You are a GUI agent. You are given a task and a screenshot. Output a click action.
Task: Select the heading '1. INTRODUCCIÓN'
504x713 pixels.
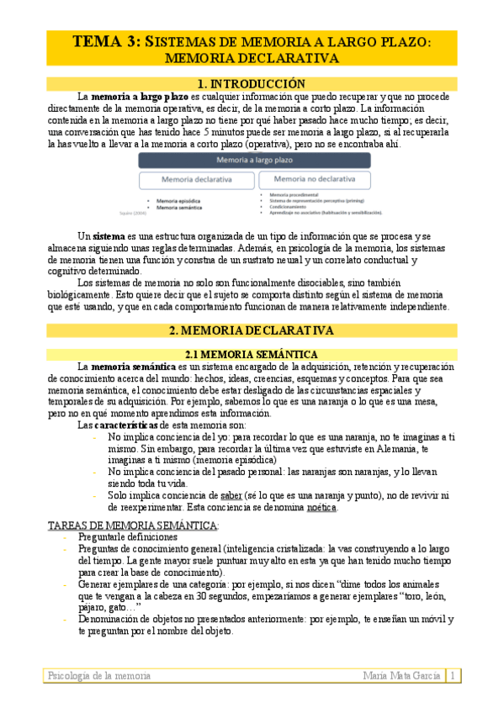[251, 83]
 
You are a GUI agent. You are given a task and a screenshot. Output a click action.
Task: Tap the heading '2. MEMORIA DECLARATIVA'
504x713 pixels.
[251, 330]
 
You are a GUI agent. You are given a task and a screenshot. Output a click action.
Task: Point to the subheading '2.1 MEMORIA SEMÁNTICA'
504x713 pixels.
[251, 354]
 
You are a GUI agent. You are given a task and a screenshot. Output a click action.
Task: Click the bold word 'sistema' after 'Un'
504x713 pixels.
[109, 235]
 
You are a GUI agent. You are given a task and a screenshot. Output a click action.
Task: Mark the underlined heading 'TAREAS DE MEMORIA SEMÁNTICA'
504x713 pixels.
[131, 525]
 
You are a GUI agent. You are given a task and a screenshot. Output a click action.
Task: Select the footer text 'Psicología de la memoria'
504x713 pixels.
[99, 675]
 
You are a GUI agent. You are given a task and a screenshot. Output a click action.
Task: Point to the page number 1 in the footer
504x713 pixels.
[452, 675]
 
